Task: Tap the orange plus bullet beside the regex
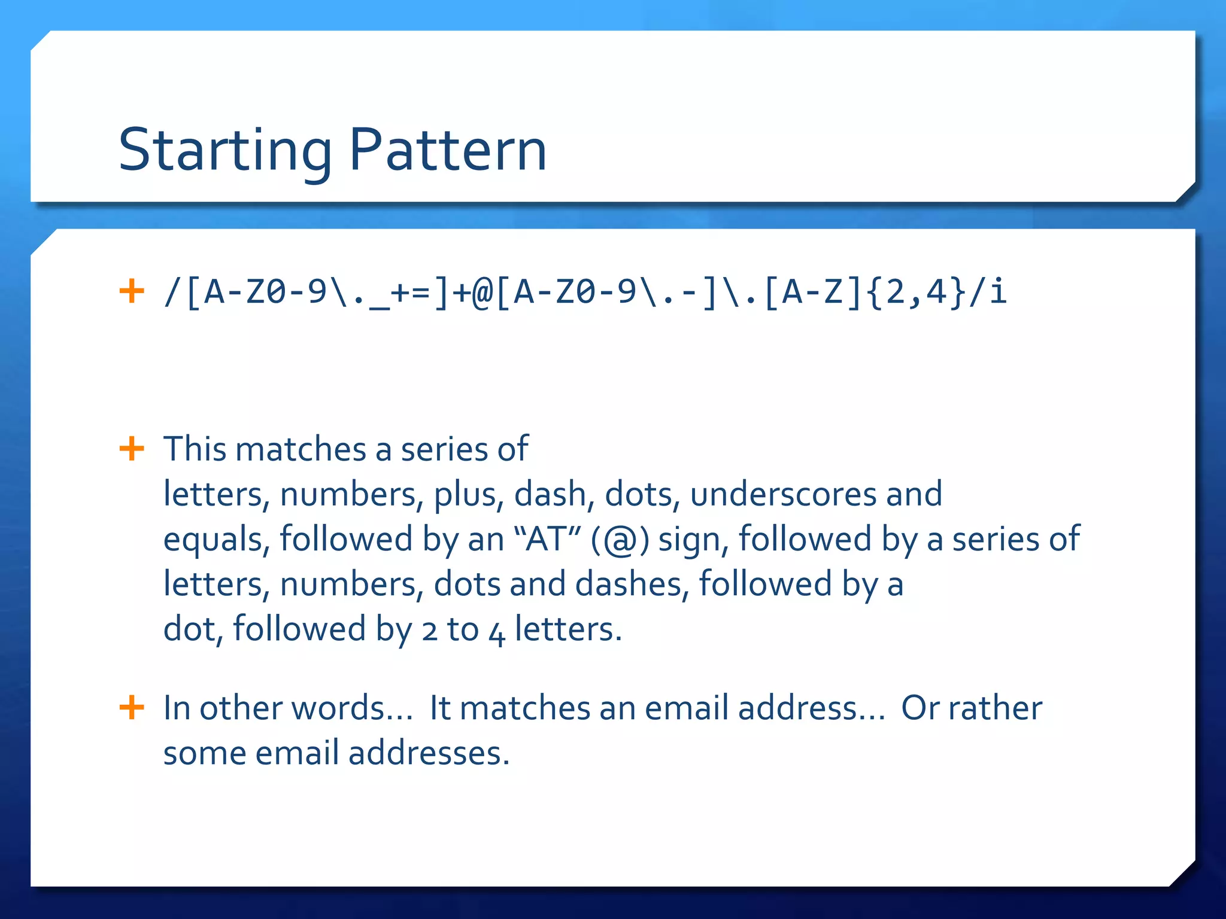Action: click(132, 291)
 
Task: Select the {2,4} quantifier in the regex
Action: click(915, 293)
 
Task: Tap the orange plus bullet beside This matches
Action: click(132, 449)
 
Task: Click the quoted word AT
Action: click(546, 538)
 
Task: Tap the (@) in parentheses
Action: click(620, 539)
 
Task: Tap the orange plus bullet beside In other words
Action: click(132, 708)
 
